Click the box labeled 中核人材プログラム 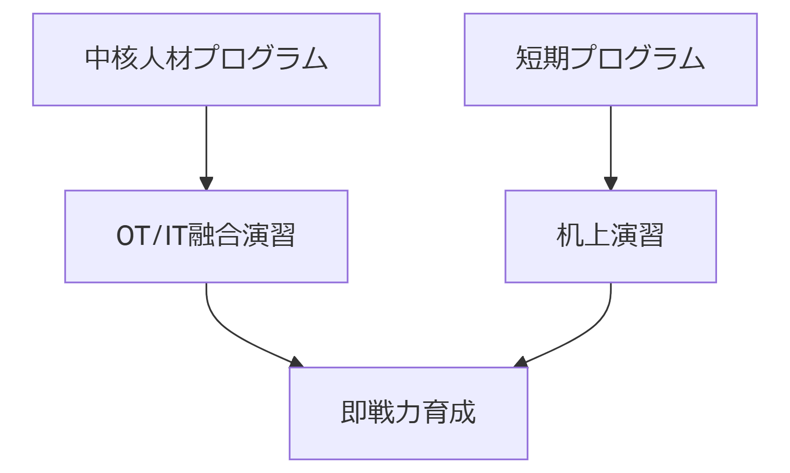[x=206, y=59]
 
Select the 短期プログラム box [x=610, y=59]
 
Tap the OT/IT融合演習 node [x=206, y=236]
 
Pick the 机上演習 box [x=610, y=236]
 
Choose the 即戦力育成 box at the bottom [x=408, y=413]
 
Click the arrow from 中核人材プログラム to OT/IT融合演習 [x=206, y=143]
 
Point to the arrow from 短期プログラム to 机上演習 [x=610, y=143]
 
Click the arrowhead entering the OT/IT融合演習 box [x=206, y=184]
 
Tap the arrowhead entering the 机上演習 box [x=610, y=184]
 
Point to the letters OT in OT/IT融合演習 [x=133, y=236]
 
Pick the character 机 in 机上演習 [x=570, y=236]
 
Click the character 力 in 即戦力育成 [x=408, y=412]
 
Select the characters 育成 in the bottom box [x=449, y=412]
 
